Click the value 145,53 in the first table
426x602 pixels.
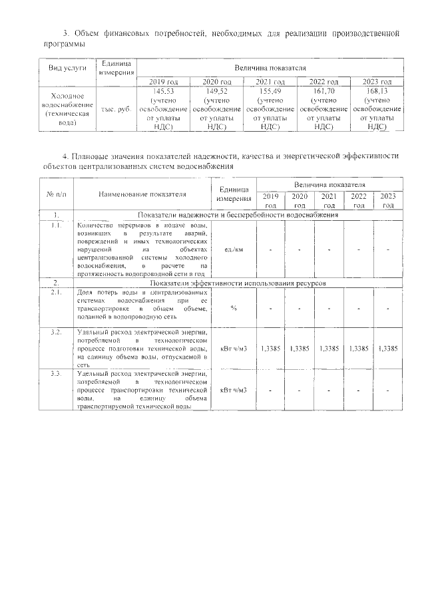pos(163,90)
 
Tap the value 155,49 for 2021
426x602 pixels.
pos(270,90)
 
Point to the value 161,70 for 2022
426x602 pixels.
pos(324,90)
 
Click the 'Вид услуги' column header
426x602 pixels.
pos(67,69)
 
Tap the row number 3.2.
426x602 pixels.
pos(57,331)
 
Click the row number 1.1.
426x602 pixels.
pos(57,226)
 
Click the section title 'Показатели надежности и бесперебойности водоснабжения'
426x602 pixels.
pos(238,215)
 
